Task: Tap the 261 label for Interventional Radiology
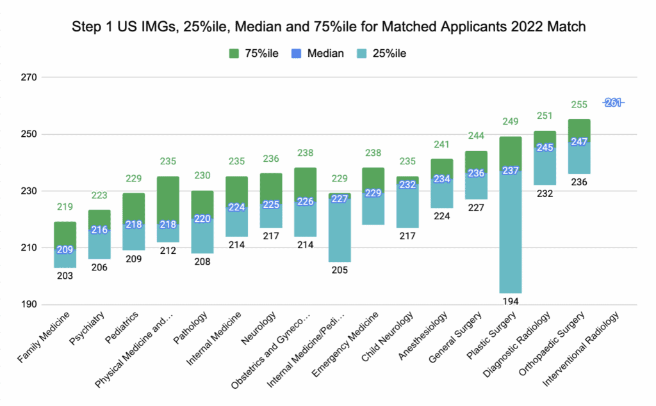613,103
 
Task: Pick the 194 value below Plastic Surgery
510,300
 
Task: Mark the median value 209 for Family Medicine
65,250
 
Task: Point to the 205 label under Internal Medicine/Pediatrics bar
340,270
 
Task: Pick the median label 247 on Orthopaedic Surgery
579,142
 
